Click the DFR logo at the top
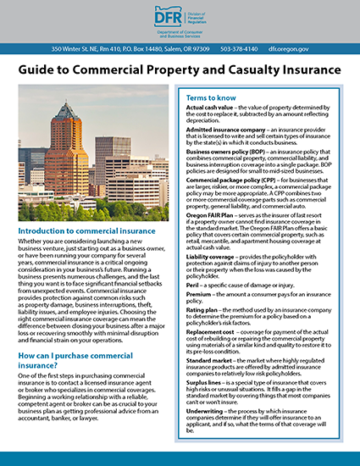click(179, 19)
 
